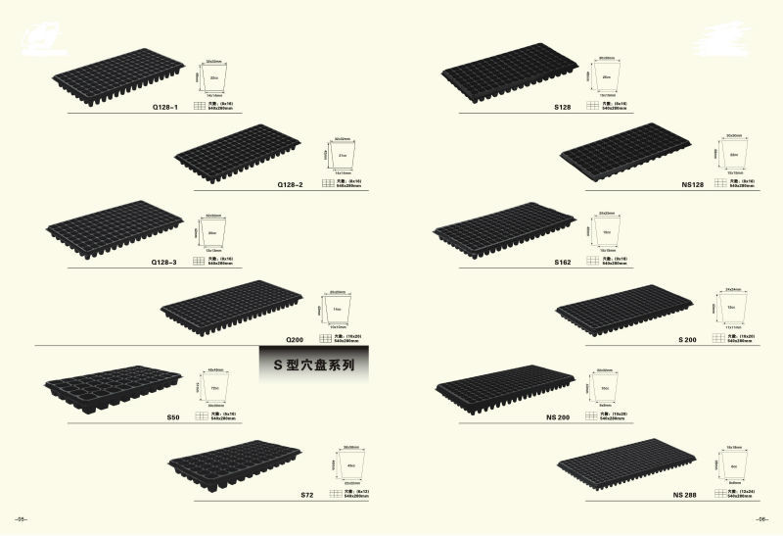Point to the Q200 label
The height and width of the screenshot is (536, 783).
[296, 339]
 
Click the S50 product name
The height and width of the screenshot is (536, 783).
[173, 416]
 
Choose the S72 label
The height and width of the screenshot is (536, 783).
[305, 496]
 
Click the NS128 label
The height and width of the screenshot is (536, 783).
[693, 183]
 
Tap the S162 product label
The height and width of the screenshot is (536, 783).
[562, 262]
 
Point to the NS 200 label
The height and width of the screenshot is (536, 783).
[558, 416]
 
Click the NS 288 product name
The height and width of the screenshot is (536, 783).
[686, 495]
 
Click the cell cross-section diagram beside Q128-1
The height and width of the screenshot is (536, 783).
[214, 76]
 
